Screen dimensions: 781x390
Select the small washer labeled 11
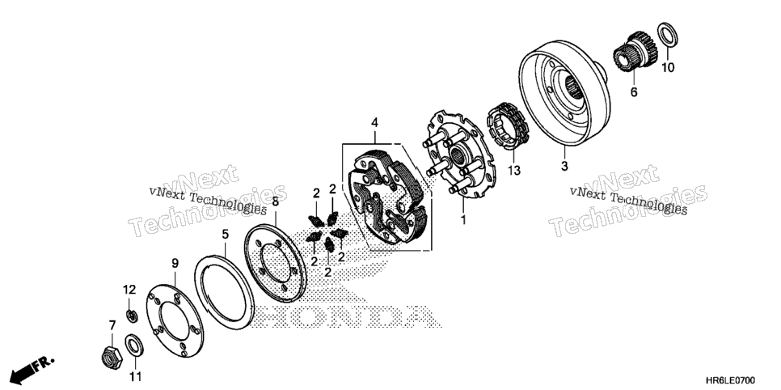pyautogui.click(x=133, y=346)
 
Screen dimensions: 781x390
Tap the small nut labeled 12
pyautogui.click(x=132, y=316)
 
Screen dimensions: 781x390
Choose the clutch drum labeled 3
pyautogui.click(x=565, y=93)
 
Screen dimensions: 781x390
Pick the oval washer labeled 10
pyautogui.click(x=668, y=35)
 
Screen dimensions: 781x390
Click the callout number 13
pyautogui.click(x=514, y=171)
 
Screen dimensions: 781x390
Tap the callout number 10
pyautogui.click(x=668, y=67)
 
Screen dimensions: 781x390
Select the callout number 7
pyautogui.click(x=112, y=326)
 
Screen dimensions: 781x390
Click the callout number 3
pyautogui.click(x=564, y=166)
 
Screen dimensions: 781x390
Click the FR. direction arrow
pyautogui.click(x=32, y=368)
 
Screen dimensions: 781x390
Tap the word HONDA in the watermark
pyautogui.click(x=344, y=317)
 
